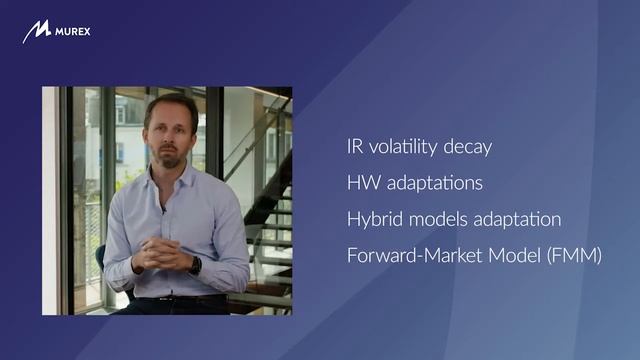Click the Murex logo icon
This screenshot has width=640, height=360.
(x=37, y=31)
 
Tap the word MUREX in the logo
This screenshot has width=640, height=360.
(x=73, y=32)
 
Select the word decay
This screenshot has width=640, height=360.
(x=468, y=148)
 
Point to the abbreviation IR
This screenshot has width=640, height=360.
(x=355, y=147)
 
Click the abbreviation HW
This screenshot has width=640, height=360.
(x=364, y=182)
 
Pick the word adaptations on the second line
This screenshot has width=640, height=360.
(x=435, y=183)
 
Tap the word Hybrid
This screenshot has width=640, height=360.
(x=375, y=219)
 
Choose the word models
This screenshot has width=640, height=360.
(x=438, y=219)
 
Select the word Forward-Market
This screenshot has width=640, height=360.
(x=415, y=256)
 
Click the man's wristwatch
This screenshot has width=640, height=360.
(x=196, y=265)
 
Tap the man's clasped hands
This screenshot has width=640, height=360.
(x=157, y=254)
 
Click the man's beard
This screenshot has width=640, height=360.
(x=170, y=157)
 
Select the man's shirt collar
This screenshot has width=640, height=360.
(x=169, y=175)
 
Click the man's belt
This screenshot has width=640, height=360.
(x=180, y=299)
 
